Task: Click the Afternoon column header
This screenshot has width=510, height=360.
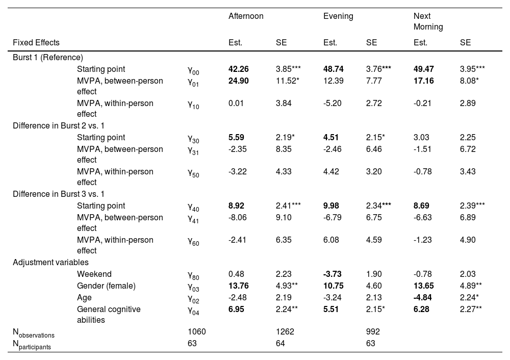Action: [246, 16]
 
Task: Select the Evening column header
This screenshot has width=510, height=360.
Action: [338, 16]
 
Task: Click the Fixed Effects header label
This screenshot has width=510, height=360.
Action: [36, 43]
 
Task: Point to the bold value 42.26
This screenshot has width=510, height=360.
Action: [239, 69]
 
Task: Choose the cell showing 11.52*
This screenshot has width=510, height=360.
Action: [288, 81]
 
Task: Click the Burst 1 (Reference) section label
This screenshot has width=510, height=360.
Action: [48, 58]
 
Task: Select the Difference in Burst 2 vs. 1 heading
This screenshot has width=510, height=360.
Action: [60, 126]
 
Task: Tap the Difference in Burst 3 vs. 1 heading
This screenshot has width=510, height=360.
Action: [60, 194]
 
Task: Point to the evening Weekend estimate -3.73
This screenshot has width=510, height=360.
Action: [334, 274]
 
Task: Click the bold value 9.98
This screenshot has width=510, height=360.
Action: [334, 206]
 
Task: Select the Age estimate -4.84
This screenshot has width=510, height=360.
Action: [423, 297]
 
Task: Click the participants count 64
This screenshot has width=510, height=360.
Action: [280, 344]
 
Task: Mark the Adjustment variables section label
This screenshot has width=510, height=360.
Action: [51, 263]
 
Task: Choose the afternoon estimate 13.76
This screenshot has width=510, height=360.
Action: [239, 286]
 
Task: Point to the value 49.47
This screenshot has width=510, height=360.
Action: [423, 69]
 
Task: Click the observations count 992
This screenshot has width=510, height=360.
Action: [373, 332]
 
